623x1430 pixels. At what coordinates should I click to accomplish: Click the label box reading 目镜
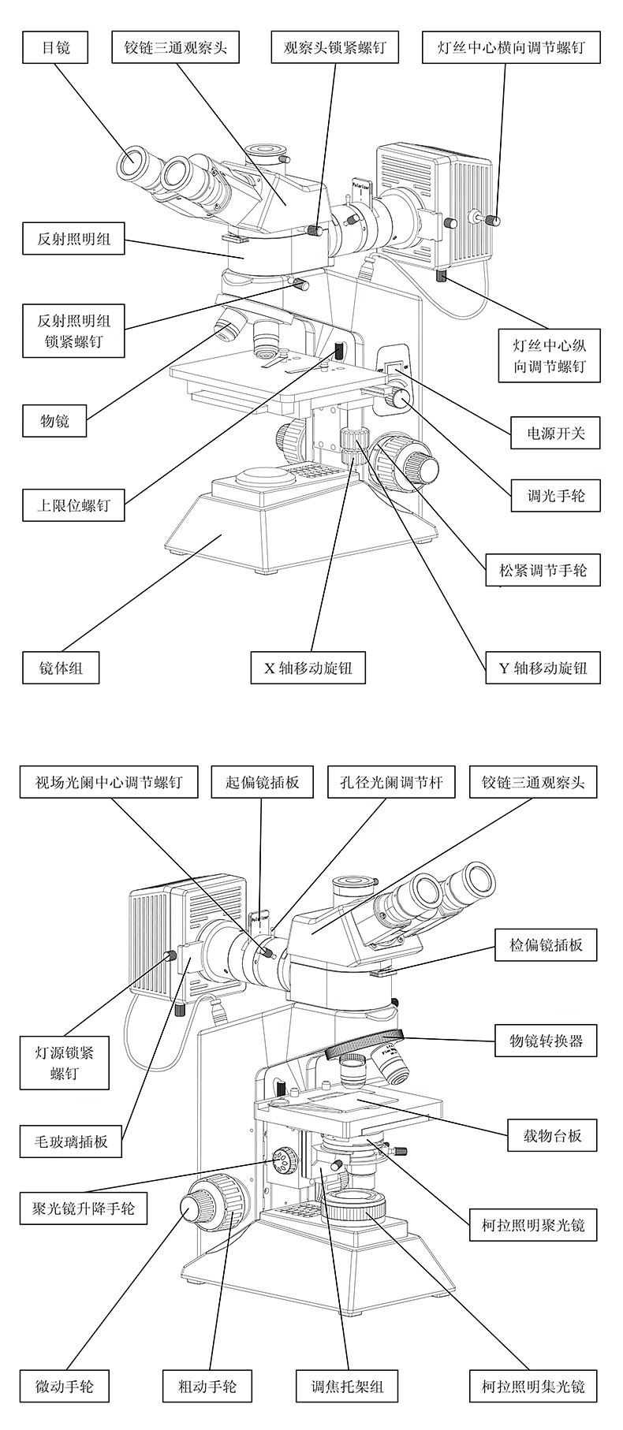[55, 47]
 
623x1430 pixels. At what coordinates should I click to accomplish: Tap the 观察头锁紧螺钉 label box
[334, 47]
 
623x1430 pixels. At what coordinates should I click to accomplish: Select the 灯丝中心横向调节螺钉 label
[511, 47]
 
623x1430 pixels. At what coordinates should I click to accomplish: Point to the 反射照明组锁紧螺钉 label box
[74, 331]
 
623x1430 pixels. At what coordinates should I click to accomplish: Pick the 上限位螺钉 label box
[74, 505]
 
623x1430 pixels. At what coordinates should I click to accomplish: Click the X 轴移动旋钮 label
[308, 668]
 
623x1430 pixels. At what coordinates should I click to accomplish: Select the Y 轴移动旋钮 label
[543, 668]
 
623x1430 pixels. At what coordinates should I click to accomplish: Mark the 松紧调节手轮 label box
[543, 570]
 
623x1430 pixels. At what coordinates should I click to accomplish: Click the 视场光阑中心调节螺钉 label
[109, 783]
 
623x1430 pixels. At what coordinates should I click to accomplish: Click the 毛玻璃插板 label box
[72, 1141]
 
